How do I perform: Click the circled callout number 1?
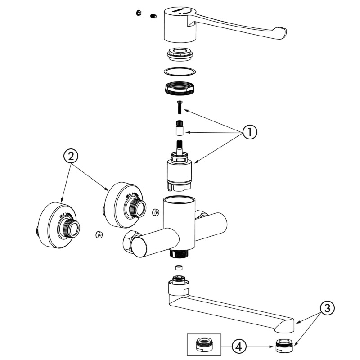249,132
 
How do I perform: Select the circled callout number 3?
328,308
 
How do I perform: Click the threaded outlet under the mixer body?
180,253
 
